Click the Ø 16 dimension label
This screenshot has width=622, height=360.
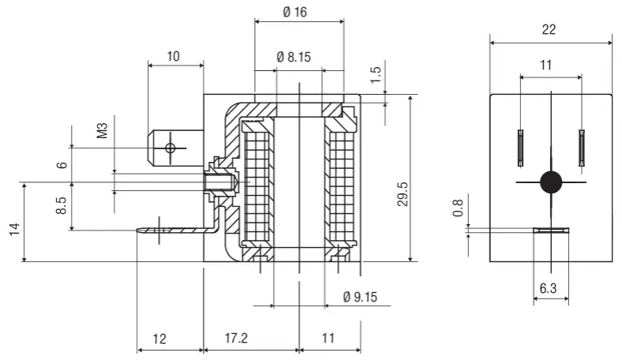299,13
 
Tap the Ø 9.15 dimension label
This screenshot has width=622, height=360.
360,297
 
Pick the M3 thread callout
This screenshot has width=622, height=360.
102,130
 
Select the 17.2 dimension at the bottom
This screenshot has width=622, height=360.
236,339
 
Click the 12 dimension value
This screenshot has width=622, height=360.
159,339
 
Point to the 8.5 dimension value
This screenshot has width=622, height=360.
61,207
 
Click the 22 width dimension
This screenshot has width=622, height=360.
549,30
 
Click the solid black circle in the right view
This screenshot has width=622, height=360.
551,182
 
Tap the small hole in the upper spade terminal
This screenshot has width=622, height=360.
169,148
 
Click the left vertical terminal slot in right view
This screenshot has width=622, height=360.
520,148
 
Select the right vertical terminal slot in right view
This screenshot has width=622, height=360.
581,148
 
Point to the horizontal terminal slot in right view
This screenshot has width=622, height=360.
550,231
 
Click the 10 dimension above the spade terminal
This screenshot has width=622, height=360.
174,56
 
